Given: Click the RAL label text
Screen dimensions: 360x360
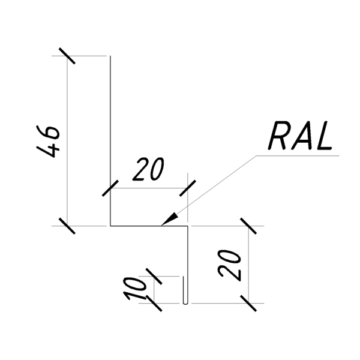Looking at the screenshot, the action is (x=300, y=136).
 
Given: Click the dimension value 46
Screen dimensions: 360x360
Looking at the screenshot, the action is (x=48, y=141).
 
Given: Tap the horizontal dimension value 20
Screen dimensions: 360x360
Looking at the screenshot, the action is (x=149, y=169).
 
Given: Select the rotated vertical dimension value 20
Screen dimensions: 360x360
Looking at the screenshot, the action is (x=230, y=265).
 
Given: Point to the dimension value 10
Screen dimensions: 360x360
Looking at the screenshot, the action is (x=135, y=289).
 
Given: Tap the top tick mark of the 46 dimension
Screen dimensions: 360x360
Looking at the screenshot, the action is (x=67, y=56).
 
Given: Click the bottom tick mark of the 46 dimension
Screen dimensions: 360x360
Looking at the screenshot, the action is (x=67, y=226).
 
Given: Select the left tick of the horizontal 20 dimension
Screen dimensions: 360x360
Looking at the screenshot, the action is (x=110, y=188).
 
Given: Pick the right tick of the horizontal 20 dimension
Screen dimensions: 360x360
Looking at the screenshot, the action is (x=188, y=188).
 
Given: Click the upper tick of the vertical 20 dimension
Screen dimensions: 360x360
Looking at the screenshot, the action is (x=248, y=226).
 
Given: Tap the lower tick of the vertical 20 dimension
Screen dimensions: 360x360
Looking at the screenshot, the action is (x=248, y=303).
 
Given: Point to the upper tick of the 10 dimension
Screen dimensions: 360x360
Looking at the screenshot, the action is (x=154, y=276).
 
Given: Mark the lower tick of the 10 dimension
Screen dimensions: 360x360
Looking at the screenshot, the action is (x=154, y=303).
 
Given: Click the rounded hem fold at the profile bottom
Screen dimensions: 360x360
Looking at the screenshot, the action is (x=185, y=303).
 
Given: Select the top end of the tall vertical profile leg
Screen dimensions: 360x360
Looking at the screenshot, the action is (x=110, y=56).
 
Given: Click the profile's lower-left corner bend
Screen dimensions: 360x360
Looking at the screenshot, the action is (x=110, y=226).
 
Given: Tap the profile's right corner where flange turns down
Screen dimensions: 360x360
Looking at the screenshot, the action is (x=188, y=226).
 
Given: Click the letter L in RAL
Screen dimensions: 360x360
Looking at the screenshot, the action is (x=323, y=136).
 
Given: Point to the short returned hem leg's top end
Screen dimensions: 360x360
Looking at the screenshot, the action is (x=183, y=277).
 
